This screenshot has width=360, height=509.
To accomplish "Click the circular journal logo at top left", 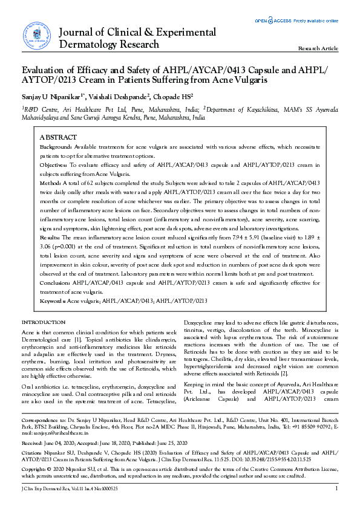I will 36,35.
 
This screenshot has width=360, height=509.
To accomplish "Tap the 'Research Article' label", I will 318,48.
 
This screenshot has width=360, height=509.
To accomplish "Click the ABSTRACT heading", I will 58,138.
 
